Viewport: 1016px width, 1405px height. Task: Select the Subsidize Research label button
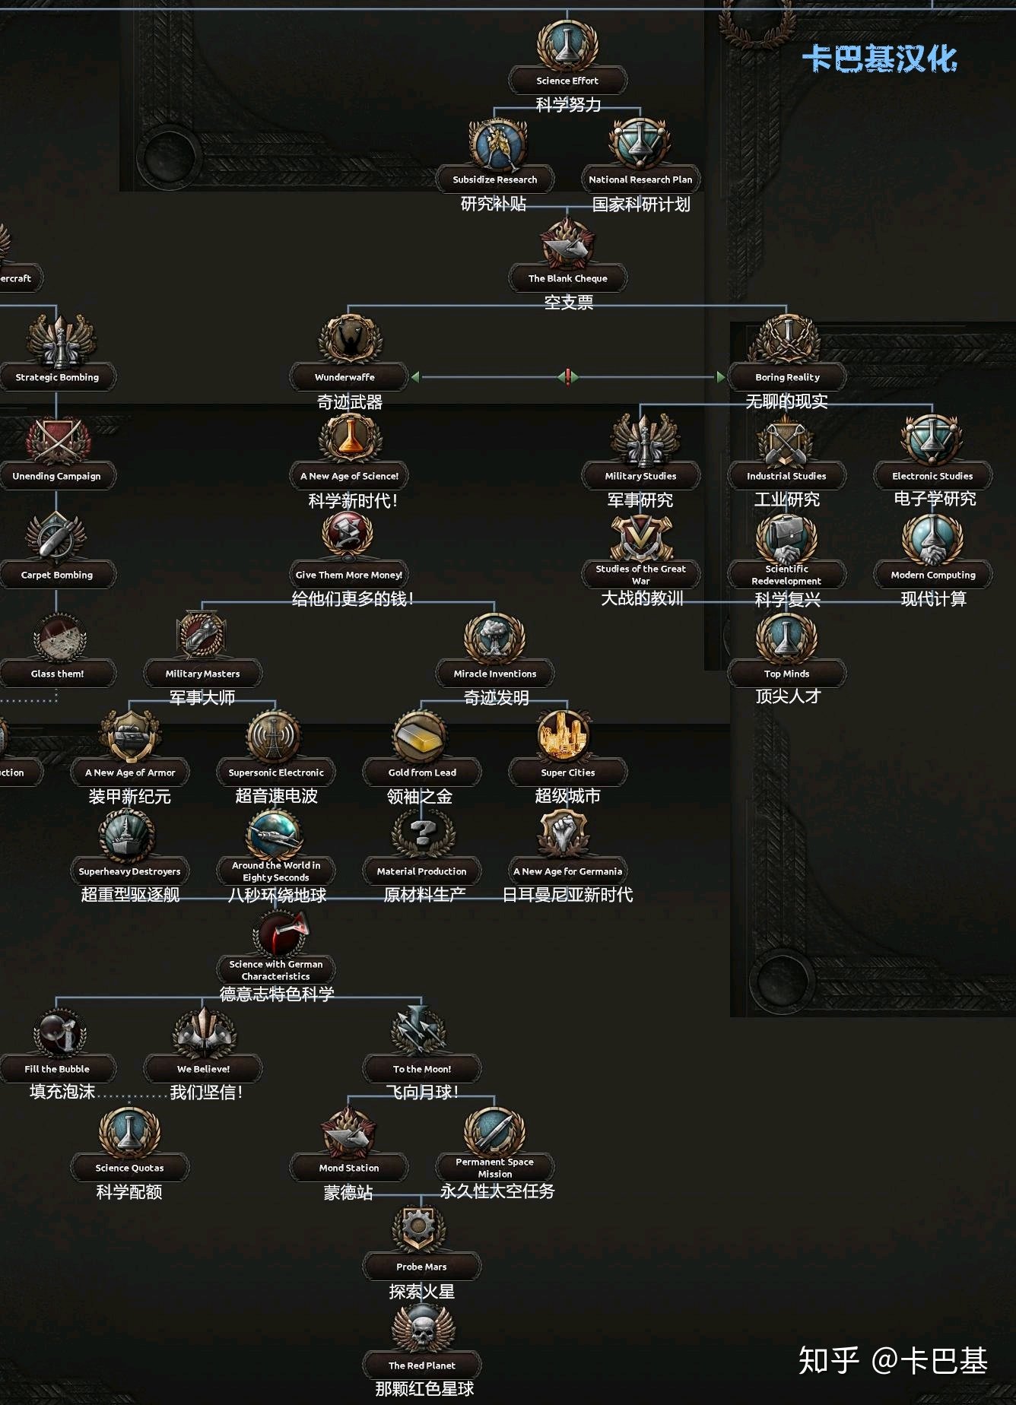click(495, 179)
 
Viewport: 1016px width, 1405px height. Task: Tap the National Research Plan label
click(640, 179)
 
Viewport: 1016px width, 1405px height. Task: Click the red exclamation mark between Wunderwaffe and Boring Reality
click(567, 376)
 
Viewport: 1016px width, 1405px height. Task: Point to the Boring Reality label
click(787, 377)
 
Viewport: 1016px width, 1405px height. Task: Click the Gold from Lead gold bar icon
click(421, 737)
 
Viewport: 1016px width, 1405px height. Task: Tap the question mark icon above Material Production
click(422, 834)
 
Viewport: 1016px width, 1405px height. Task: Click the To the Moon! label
click(422, 1069)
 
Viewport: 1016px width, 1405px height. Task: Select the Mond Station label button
click(349, 1168)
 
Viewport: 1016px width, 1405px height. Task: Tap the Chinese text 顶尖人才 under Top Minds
click(788, 696)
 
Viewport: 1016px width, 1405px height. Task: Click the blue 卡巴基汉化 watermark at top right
click(879, 59)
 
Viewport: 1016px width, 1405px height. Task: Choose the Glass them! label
click(58, 674)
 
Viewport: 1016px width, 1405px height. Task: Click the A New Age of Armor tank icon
click(130, 737)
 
